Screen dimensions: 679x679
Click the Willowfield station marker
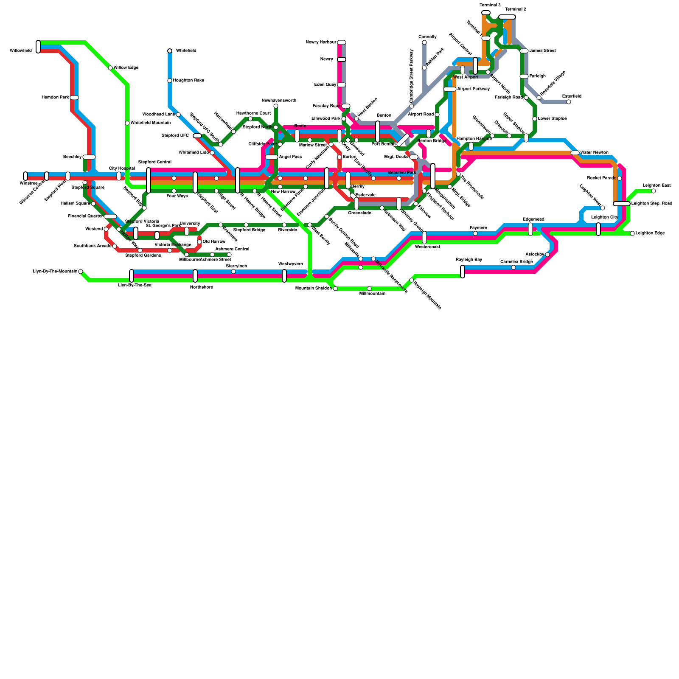coord(38,47)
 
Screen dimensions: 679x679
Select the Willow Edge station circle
coord(110,68)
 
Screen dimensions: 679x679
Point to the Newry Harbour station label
coord(321,42)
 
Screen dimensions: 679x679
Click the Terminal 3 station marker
coord(486,13)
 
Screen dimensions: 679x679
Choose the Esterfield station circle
coord(569,102)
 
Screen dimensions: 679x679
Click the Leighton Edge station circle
coord(632,233)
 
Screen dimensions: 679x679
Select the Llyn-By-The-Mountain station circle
coord(81,272)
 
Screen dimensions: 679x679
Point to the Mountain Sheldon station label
coord(313,289)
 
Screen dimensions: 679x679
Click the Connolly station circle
coord(424,42)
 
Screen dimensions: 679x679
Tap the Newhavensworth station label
coord(279,101)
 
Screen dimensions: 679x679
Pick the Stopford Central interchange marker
coord(149,180)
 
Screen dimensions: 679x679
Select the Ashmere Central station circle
coord(229,255)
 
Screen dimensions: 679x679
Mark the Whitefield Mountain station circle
coord(127,123)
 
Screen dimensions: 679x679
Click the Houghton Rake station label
coord(188,81)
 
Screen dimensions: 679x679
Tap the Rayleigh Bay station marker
coord(463,272)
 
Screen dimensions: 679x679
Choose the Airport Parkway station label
coord(474,89)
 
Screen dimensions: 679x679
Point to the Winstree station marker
coord(25,176)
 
